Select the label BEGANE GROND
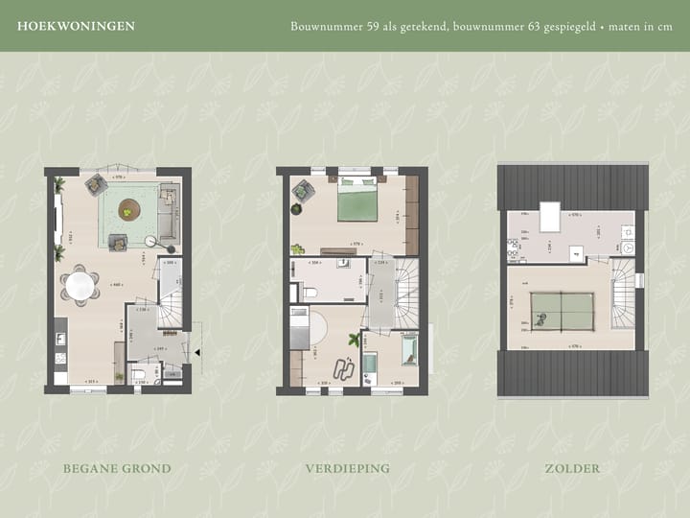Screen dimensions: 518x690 [x=117, y=469]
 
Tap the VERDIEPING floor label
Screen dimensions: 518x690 [x=347, y=469]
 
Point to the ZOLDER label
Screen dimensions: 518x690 [x=572, y=469]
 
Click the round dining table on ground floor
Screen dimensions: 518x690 [x=80, y=285]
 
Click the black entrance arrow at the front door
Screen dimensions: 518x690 [x=197, y=353]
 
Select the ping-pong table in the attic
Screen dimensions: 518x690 [x=563, y=310]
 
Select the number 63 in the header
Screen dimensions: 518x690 [x=534, y=27]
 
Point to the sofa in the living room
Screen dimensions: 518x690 [x=169, y=216]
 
